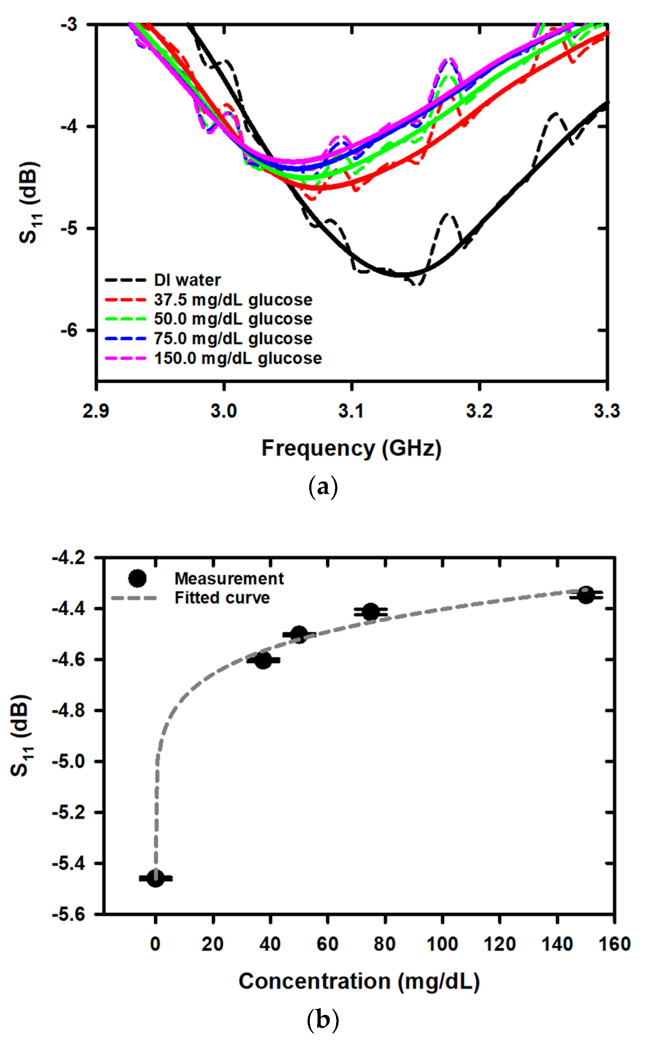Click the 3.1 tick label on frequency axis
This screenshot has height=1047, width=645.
(x=351, y=411)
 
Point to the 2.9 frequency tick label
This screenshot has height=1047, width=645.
(x=96, y=411)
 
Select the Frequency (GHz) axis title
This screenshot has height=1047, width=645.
(x=351, y=448)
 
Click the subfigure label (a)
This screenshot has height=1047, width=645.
(x=323, y=486)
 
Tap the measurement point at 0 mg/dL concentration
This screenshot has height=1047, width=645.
(x=156, y=878)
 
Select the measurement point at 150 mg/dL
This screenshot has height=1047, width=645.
(x=586, y=595)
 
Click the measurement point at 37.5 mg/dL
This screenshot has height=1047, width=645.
(x=264, y=660)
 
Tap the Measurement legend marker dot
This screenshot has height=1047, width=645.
(x=137, y=579)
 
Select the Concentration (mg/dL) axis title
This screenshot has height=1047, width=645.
(x=359, y=981)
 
